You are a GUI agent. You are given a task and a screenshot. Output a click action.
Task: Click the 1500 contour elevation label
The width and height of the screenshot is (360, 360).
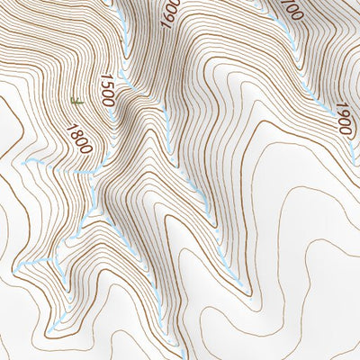[108, 91]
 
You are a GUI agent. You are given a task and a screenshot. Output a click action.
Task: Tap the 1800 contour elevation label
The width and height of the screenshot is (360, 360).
[79, 136]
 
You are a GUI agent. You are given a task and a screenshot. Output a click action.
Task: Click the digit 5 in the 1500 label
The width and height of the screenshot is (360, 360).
[107, 85]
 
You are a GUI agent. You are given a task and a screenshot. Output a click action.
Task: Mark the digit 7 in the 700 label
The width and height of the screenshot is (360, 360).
[285, 4]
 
